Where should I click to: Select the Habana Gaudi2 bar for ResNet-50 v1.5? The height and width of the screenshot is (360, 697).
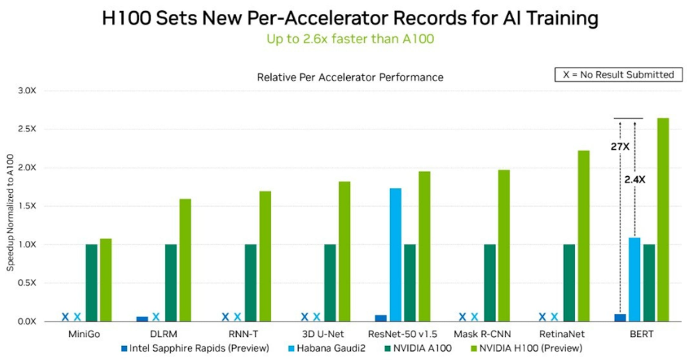(x=396, y=255)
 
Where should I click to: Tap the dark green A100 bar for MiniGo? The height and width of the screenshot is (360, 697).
(x=91, y=283)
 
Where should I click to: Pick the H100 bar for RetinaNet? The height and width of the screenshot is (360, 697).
(x=584, y=236)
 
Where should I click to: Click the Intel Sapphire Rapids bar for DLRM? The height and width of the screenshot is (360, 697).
(x=142, y=319)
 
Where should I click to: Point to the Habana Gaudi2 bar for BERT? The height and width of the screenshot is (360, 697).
(x=634, y=279)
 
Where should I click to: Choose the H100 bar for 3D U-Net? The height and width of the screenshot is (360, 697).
(x=345, y=251)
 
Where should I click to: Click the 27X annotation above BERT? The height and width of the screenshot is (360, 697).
(x=620, y=148)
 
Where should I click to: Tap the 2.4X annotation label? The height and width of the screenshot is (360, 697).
(x=634, y=179)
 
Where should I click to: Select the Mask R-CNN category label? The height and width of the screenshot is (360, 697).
(x=481, y=334)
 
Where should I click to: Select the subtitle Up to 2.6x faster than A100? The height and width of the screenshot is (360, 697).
(x=350, y=39)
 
